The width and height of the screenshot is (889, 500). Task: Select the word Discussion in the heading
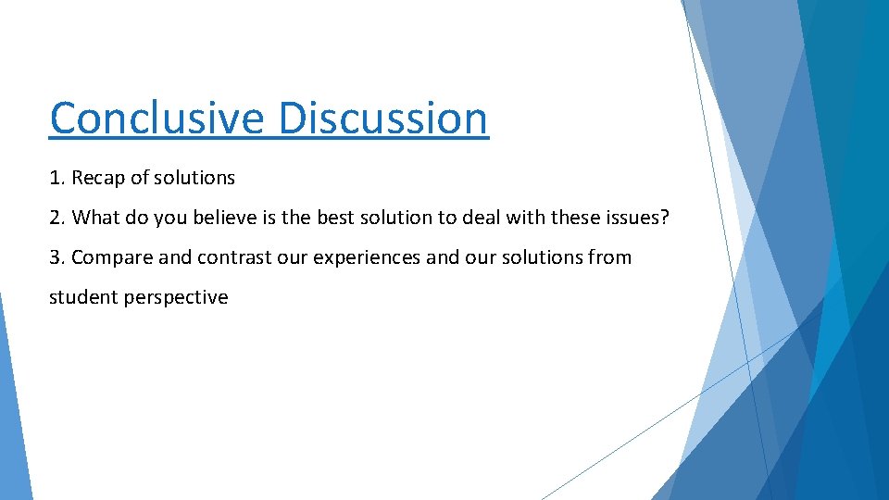(x=383, y=119)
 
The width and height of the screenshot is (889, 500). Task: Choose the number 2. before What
(x=57, y=218)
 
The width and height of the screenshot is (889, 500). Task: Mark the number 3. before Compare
(x=57, y=257)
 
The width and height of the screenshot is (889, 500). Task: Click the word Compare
(x=111, y=257)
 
